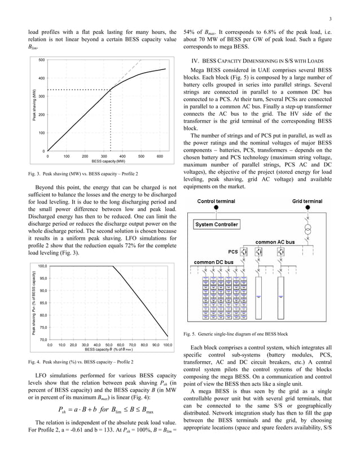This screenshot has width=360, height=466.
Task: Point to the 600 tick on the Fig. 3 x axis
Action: pyautogui.click(x=160, y=156)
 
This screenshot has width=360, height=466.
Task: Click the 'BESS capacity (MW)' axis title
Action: pyautogui.click(x=104, y=161)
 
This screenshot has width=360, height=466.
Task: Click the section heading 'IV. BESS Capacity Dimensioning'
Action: pyautogui.click(x=262, y=60)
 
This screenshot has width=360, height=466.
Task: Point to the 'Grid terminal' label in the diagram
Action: pyautogui.click(x=307, y=201)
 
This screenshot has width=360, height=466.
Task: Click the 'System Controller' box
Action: pyautogui.click(x=216, y=225)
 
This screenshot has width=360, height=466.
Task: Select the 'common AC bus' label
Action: pyautogui.click(x=275, y=242)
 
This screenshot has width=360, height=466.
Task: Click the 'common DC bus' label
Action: pyautogui.click(x=214, y=262)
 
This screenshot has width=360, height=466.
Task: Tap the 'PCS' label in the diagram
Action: pyautogui.click(x=232, y=252)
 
